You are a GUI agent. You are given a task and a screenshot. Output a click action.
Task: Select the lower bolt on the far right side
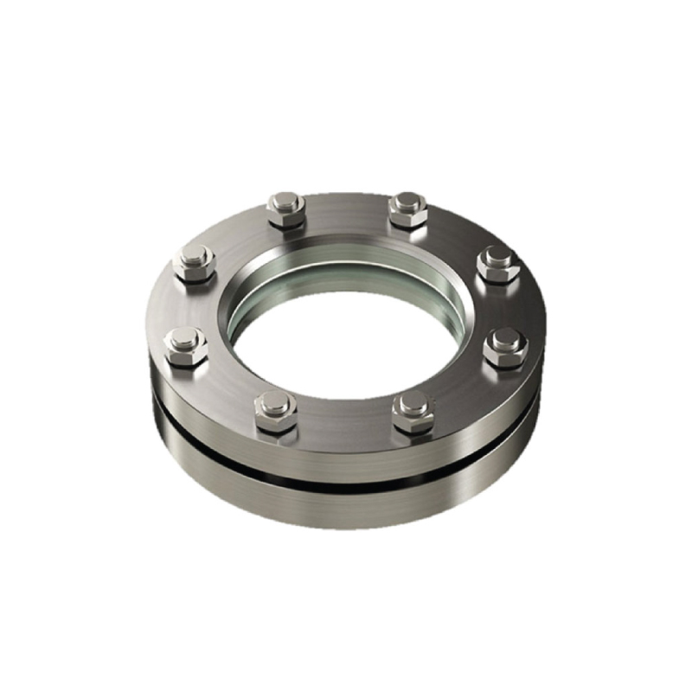click(x=502, y=346)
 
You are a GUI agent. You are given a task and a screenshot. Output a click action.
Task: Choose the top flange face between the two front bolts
click(x=344, y=424)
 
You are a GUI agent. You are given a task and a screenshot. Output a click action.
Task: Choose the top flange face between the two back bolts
click(x=346, y=212)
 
